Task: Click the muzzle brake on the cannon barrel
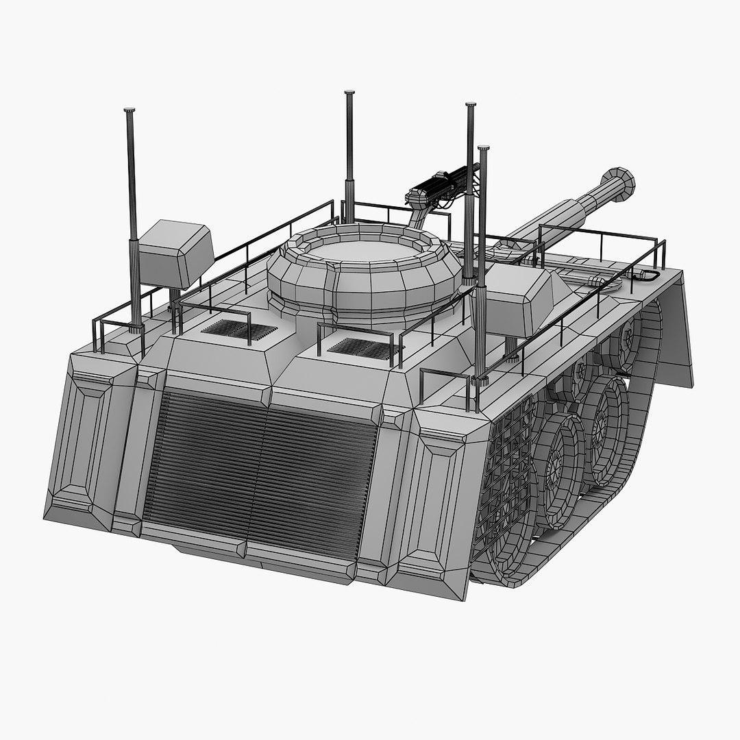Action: coord(619,184)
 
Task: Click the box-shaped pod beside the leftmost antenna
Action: coord(175,254)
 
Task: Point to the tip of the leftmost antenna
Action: coord(129,110)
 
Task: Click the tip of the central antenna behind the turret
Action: coord(349,92)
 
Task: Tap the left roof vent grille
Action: coord(238,330)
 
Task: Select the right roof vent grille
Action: coord(364,348)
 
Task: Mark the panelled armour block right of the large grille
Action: coord(439,500)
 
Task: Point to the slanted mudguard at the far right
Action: coord(678,329)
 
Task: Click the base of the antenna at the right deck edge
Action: coord(480,377)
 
